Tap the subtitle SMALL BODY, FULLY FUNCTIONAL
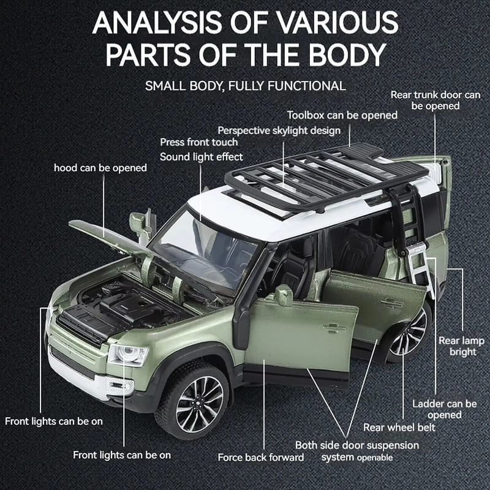point(245,85)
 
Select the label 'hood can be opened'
point(100,167)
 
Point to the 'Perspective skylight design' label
point(279,130)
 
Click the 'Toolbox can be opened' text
point(342,115)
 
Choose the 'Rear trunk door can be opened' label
point(435,100)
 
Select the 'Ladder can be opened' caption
point(444,409)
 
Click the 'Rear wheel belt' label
point(399,427)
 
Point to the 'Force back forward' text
point(260,457)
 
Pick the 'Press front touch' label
point(199,142)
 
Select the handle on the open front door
point(334,328)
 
